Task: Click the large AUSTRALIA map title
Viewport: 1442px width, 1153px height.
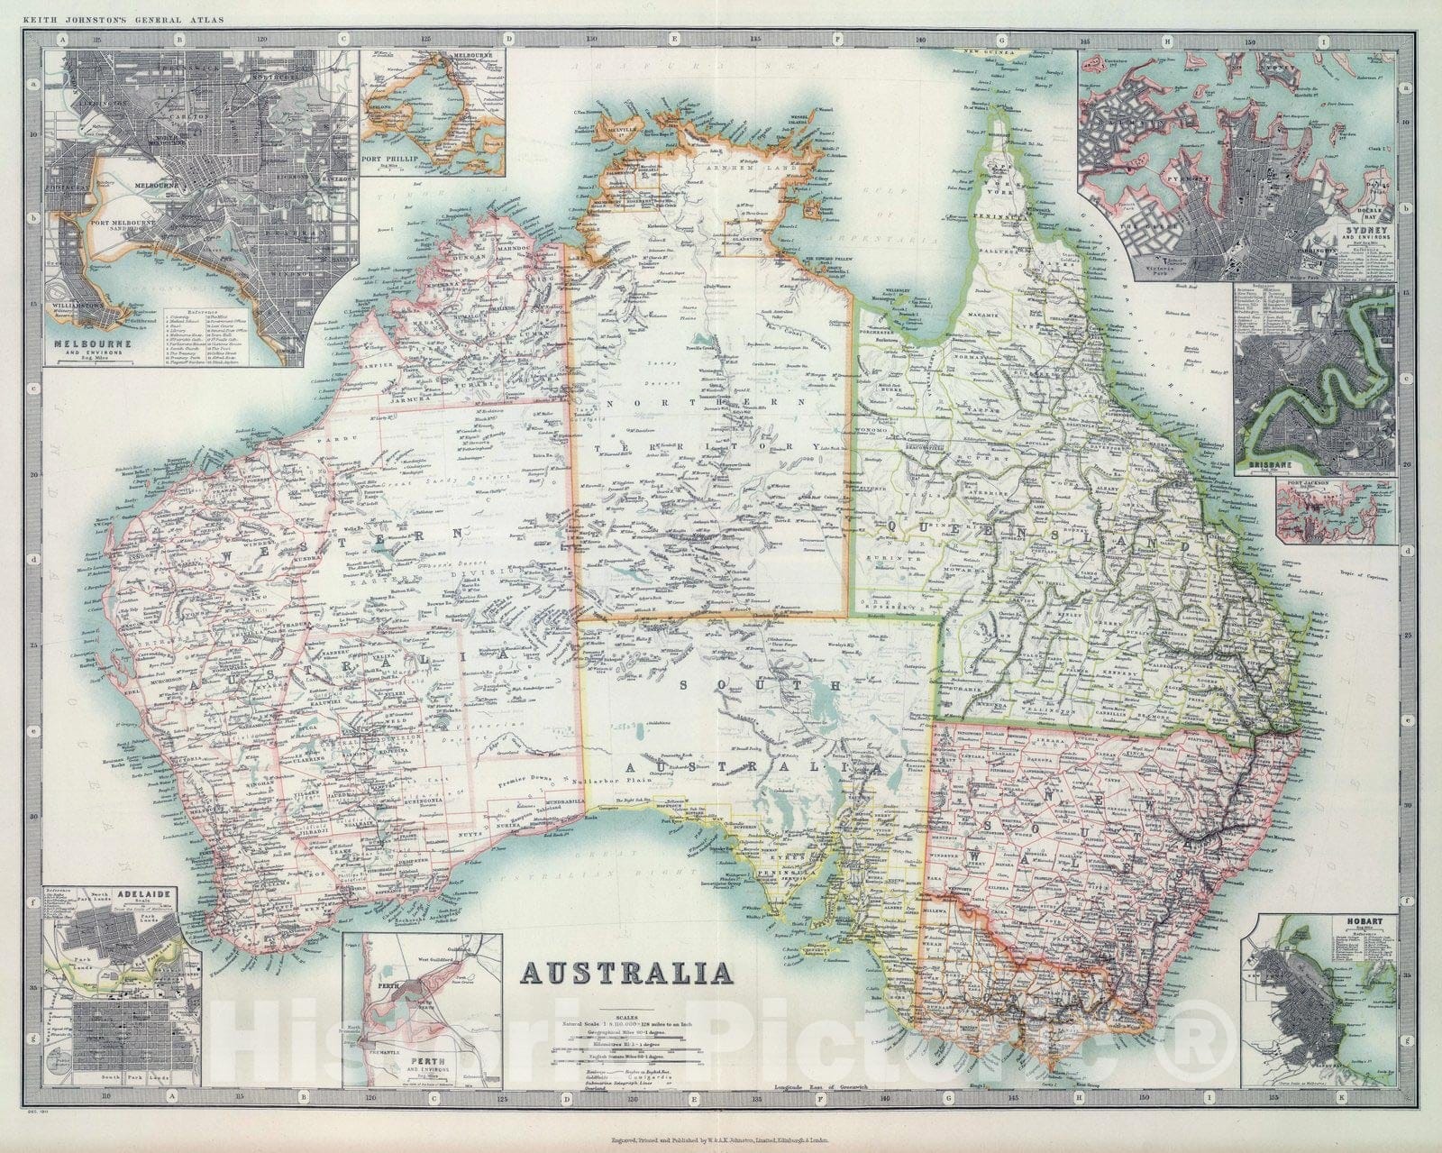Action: point(626,973)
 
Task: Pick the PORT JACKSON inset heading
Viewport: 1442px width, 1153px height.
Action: point(1302,488)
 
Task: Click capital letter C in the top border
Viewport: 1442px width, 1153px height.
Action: point(342,40)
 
